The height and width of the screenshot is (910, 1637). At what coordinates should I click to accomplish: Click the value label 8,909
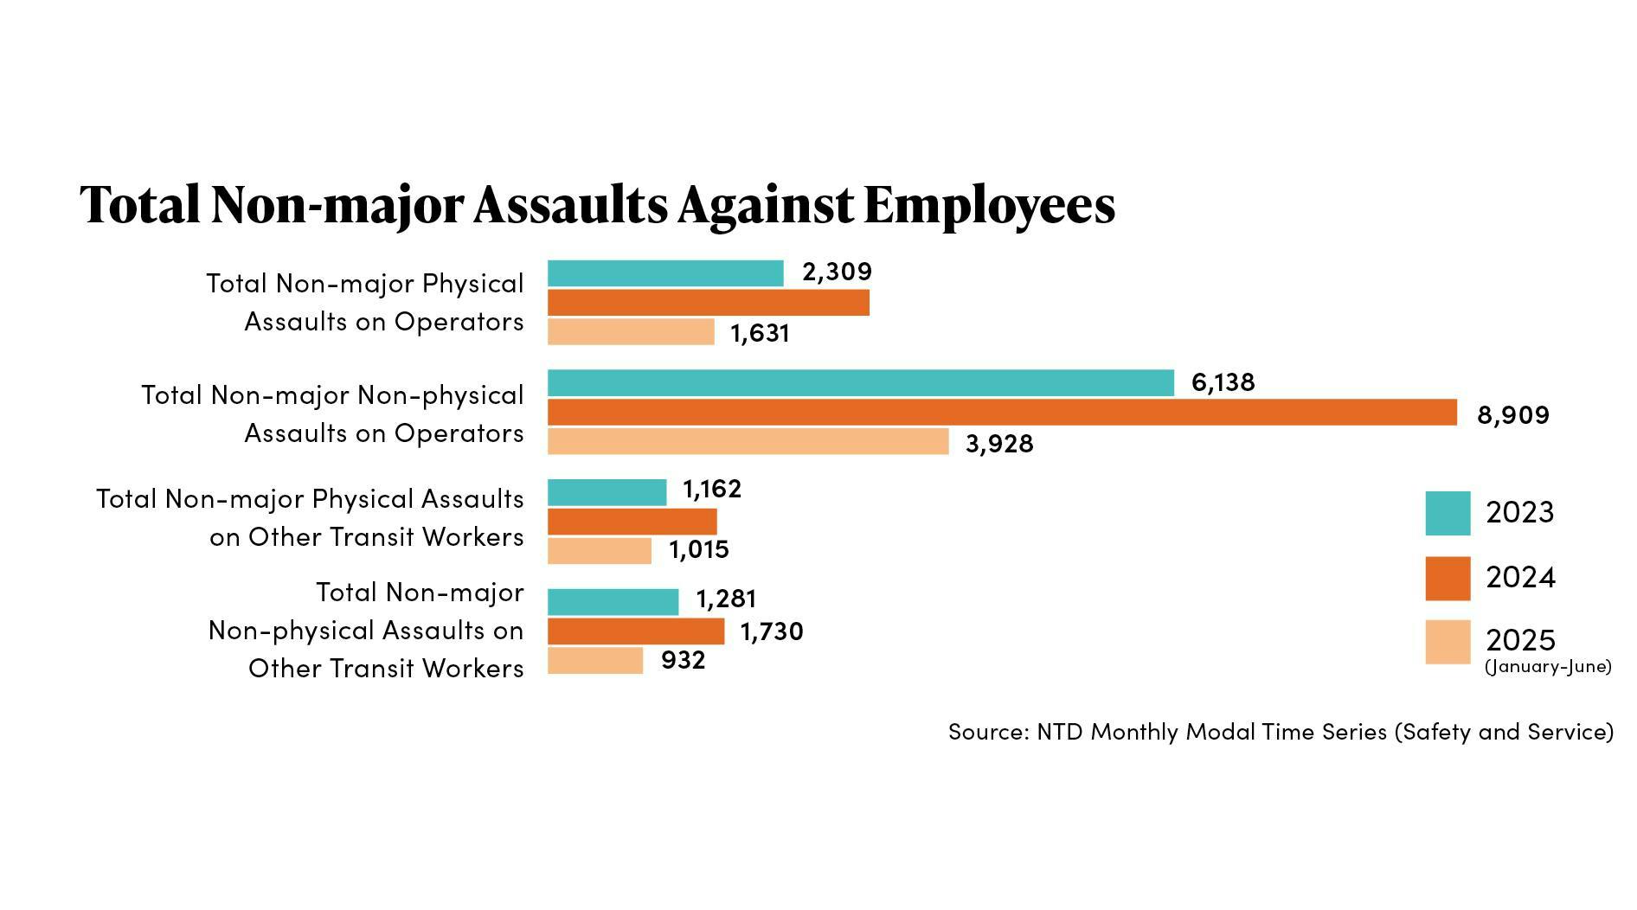pyautogui.click(x=1512, y=415)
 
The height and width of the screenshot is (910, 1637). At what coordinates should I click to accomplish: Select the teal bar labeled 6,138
pyautogui.click(x=860, y=383)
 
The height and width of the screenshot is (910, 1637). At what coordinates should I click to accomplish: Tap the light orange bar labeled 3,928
pyautogui.click(x=748, y=441)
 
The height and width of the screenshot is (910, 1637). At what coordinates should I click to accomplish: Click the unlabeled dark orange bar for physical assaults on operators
pyautogui.click(x=708, y=303)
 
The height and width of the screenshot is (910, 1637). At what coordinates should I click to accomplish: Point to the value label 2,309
pyautogui.click(x=837, y=272)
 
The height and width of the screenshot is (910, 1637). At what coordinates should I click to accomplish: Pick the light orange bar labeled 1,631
pyautogui.click(x=631, y=332)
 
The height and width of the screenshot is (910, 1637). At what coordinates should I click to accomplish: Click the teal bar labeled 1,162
pyautogui.click(x=607, y=492)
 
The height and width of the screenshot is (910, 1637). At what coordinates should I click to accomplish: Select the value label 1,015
pyautogui.click(x=698, y=550)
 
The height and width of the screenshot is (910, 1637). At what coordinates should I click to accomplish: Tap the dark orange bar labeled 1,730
pyautogui.click(x=635, y=631)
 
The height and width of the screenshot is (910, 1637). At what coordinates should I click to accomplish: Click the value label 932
pyautogui.click(x=683, y=661)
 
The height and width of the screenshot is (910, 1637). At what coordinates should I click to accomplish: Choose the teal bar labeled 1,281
pyautogui.click(x=613, y=601)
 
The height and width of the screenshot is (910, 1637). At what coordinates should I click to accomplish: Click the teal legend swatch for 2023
pyautogui.click(x=1448, y=513)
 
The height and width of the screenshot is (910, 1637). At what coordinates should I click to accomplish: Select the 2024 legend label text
pyautogui.click(x=1520, y=578)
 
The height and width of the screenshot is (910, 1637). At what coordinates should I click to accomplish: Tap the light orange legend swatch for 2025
pyautogui.click(x=1448, y=642)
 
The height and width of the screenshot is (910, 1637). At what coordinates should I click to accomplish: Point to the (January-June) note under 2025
pyautogui.click(x=1547, y=667)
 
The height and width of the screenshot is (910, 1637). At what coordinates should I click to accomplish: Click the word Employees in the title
pyautogui.click(x=989, y=206)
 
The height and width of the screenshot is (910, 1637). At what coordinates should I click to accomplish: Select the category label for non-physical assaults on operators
pyautogui.click(x=332, y=414)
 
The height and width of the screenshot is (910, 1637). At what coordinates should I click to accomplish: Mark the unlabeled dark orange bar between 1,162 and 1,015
pyautogui.click(x=632, y=522)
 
